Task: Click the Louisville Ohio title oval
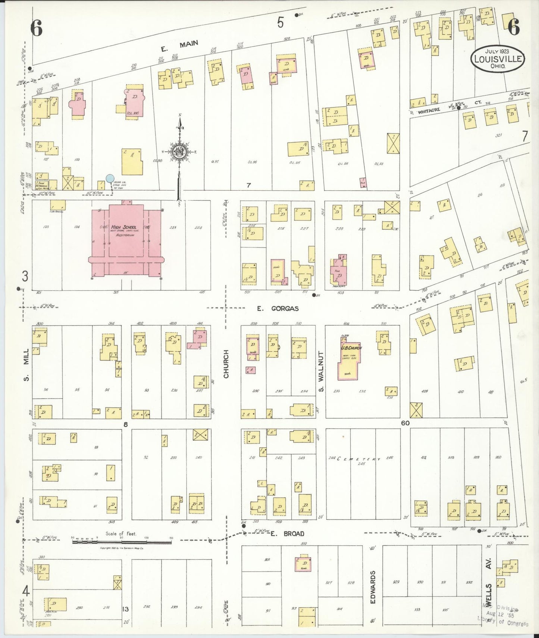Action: point(498,59)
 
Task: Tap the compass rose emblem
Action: point(179,151)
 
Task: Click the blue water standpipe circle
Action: point(110,178)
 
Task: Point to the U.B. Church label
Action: point(351,348)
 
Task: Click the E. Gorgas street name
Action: point(278,309)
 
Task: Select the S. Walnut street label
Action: point(321,371)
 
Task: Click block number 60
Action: point(405,423)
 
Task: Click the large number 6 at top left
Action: point(36,28)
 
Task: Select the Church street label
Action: point(226,364)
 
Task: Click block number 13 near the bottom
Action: point(126,609)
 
